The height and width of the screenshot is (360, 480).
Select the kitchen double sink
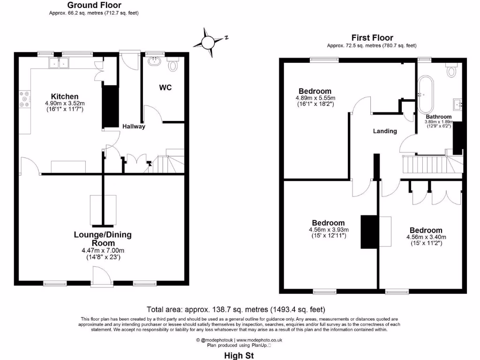click(x=60, y=63)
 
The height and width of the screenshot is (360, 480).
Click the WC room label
click(x=165, y=88)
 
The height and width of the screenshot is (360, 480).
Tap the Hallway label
click(x=134, y=127)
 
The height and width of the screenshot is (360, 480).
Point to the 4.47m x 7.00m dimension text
click(x=103, y=251)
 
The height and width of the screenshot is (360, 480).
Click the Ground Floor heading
click(x=94, y=6)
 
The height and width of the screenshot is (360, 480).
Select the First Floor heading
click(x=372, y=38)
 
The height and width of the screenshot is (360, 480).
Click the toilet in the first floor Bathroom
click(x=452, y=70)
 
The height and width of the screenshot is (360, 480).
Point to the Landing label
click(x=385, y=131)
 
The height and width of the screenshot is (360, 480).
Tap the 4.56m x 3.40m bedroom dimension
click(x=426, y=237)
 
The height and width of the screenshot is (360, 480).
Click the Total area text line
click(x=236, y=309)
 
